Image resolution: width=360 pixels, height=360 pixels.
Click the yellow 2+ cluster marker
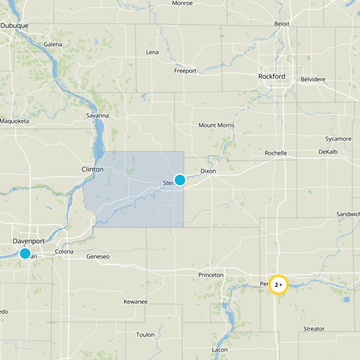[x=279, y=284]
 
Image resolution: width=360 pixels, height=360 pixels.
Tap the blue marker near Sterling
[x=180, y=180]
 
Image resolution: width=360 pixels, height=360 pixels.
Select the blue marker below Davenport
[x=25, y=253]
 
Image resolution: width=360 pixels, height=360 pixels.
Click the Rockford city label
[x=271, y=76]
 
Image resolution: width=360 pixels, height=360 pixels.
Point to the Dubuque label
[x=14, y=26]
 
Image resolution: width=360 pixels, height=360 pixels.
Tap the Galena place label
[x=54, y=44]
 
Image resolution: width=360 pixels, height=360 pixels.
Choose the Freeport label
[x=185, y=71]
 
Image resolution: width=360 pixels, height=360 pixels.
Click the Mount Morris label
[x=216, y=125]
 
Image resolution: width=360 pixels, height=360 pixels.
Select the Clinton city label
[x=92, y=169]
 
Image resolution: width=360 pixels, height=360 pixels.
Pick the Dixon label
[x=208, y=171]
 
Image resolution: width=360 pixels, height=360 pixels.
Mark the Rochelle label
[x=276, y=153]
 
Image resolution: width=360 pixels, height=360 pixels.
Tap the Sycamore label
[x=338, y=139]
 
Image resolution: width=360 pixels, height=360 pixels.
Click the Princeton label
[x=211, y=274]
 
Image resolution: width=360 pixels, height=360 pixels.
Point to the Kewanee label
[x=136, y=301]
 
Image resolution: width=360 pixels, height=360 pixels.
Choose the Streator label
[x=314, y=328]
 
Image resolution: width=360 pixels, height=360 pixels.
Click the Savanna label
[x=97, y=115]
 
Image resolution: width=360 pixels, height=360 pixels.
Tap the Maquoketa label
[x=14, y=121]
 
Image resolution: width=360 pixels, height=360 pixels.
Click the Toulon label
[x=145, y=335]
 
